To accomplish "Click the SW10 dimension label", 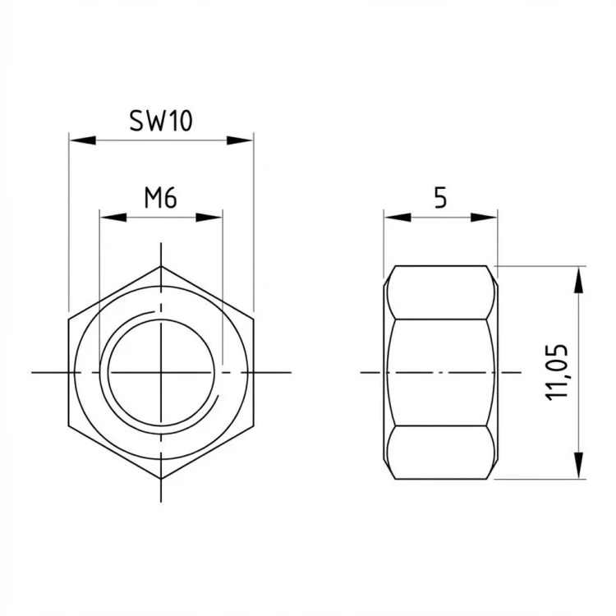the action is [x=161, y=121].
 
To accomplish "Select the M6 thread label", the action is [x=161, y=198].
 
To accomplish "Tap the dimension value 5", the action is [x=440, y=198].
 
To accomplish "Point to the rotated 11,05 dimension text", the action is [x=557, y=372].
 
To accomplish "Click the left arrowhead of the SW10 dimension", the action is [x=82, y=140].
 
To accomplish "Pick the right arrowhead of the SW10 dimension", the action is [x=240, y=140].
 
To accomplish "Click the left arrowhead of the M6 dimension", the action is [x=113, y=218].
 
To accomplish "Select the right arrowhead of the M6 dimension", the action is [x=209, y=218].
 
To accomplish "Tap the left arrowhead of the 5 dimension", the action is [x=398, y=218].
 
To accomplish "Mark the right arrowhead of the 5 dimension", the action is [x=484, y=218].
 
